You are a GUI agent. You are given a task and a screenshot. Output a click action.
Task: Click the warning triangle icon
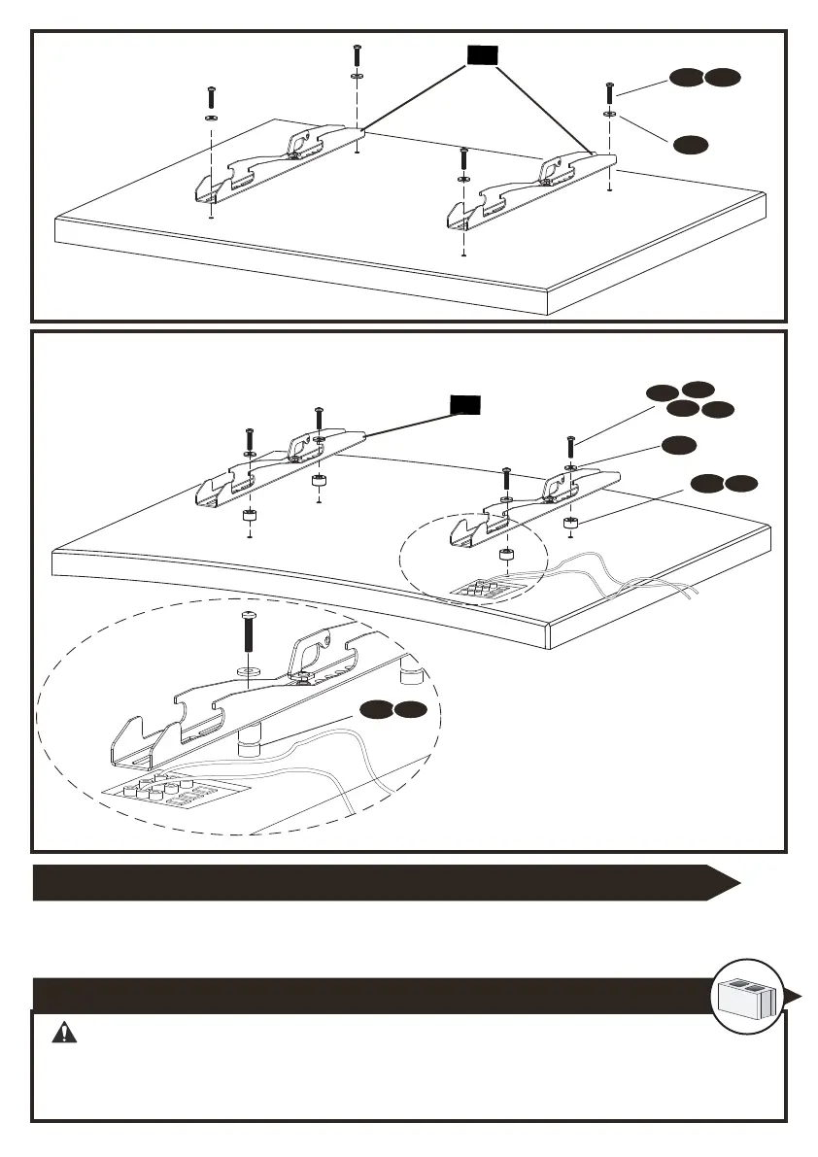tap(65, 1033)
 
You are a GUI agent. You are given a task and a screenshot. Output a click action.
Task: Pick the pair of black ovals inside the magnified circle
tap(391, 710)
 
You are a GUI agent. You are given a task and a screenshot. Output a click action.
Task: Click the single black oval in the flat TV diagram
tap(691, 145)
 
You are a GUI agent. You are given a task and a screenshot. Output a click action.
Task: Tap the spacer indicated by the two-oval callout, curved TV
tap(571, 526)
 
